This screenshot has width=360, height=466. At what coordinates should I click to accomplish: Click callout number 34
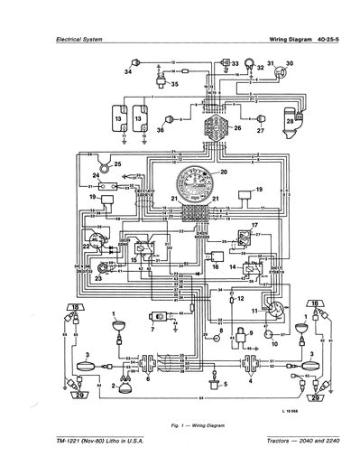click(128, 70)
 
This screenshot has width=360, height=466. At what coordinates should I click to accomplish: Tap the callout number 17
click(254, 222)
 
